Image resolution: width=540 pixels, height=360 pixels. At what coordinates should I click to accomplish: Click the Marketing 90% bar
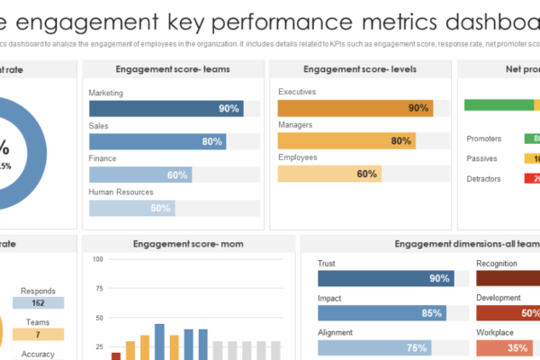coord(166,108)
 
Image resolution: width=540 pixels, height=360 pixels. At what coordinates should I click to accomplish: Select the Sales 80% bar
coord(157,141)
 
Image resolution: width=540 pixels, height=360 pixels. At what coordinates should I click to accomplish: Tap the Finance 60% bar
coord(139,175)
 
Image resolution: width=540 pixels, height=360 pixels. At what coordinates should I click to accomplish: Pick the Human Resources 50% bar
coord(131,208)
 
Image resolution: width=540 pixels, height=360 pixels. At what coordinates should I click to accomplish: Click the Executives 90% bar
coord(355,107)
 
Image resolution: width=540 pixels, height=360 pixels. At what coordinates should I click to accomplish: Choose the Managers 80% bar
coord(346,140)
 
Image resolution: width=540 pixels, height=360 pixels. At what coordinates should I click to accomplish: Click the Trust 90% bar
coord(385,279)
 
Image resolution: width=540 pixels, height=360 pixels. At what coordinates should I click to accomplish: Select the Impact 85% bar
coord(382,313)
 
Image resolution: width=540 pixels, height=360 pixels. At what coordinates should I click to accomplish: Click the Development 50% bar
coord(508,313)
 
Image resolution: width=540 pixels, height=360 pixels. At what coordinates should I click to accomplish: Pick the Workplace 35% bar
coord(503,347)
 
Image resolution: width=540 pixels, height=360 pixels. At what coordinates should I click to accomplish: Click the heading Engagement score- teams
coord(172,69)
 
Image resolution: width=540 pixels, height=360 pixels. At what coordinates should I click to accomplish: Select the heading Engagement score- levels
coord(359,69)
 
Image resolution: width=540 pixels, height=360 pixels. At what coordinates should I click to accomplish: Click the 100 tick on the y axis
coord(98,260)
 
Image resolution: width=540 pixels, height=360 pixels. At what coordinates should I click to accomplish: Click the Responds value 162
coord(37,304)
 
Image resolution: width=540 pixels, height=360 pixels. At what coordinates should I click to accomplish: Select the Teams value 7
coord(37,334)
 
